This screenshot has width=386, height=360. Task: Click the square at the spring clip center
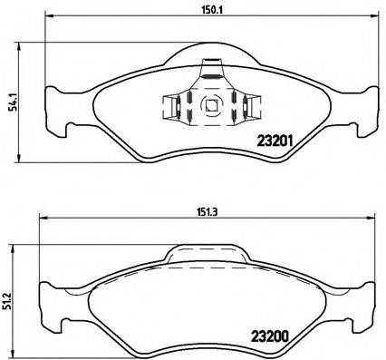210,104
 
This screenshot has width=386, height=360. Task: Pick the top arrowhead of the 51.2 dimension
20,246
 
